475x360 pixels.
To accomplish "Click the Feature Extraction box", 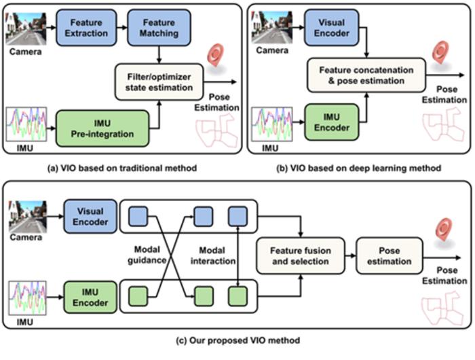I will click(x=83, y=27).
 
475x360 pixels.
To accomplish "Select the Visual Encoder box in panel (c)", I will click(x=90, y=217).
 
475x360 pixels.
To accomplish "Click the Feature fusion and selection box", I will click(x=299, y=255).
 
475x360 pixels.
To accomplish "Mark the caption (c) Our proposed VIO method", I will click(x=237, y=339).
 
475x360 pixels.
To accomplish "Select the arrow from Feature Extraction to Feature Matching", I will click(x=119, y=27).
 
